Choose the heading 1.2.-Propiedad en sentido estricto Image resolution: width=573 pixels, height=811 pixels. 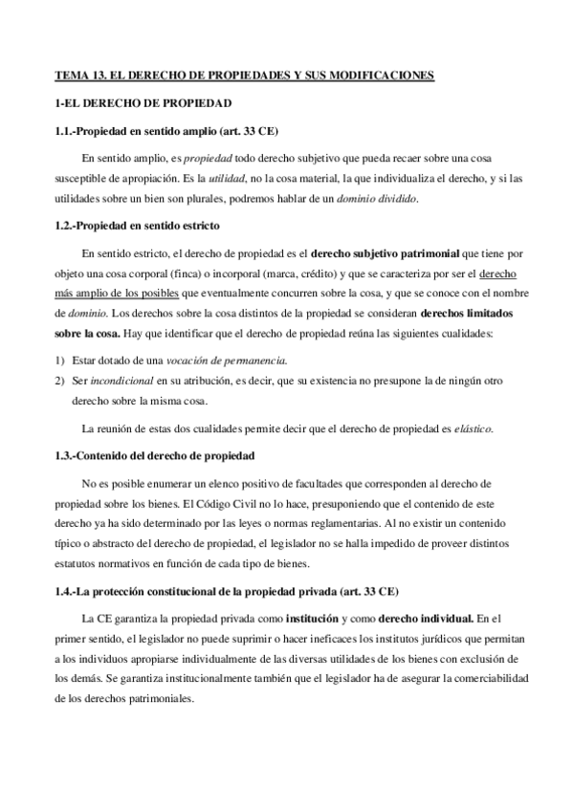[138, 226]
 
